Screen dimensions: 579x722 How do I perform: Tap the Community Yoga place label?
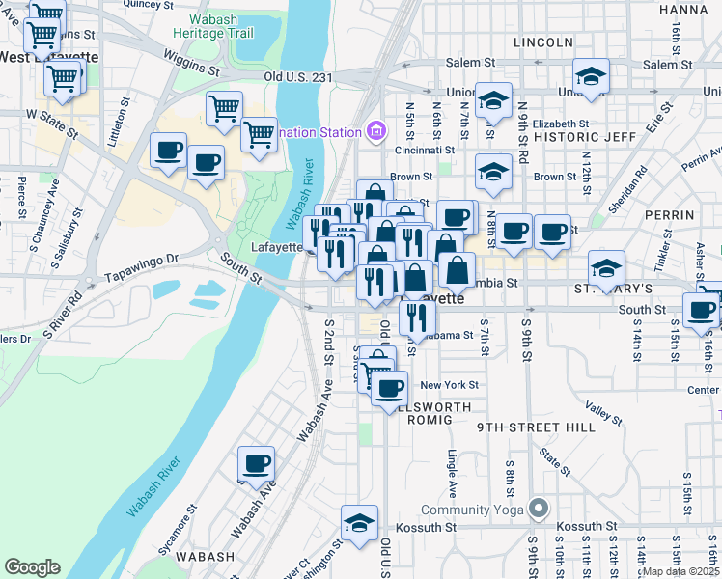pos(472,510)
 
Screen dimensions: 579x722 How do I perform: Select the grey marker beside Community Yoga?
pos(539,508)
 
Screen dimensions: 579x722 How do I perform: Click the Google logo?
pos(32,568)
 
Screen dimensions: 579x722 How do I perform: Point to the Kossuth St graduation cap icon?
pos(359,524)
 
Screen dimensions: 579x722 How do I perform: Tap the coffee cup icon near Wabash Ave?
pos(256,464)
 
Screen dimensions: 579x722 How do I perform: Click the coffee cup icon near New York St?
pos(389,388)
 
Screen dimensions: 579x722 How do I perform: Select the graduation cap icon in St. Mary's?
pos(606,267)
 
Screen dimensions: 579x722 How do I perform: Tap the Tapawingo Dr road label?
pos(144,260)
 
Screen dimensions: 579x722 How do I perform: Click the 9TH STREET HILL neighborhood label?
pos(522,427)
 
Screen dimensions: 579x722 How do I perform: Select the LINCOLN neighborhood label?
pos(543,42)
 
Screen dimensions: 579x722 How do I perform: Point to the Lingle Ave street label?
pos(451,471)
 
